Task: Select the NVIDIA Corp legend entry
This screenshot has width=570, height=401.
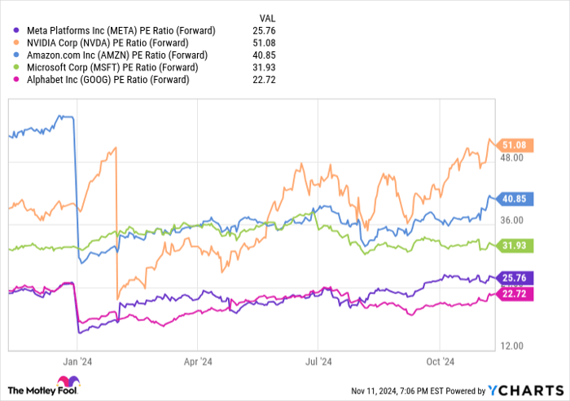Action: tap(113, 43)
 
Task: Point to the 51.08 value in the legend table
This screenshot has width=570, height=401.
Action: tap(266, 43)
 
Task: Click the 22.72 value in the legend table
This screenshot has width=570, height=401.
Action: tap(266, 80)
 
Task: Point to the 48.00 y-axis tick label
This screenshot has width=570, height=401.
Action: tap(512, 158)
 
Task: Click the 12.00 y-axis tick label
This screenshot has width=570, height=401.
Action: tap(512, 345)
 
